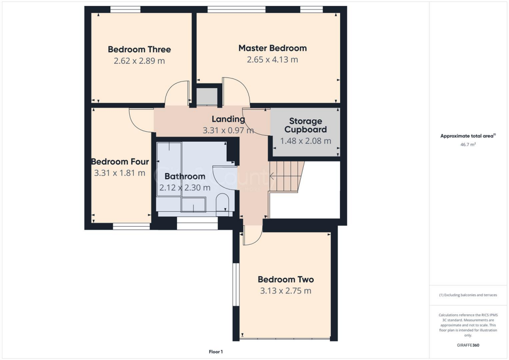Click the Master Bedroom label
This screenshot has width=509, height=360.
(x=272, y=48)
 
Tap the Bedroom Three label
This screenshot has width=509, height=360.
(x=139, y=49)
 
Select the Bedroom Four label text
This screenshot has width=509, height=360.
(x=120, y=162)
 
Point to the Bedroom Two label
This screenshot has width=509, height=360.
(x=285, y=279)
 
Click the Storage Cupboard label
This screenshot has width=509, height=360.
(x=306, y=125)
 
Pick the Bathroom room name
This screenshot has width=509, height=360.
(x=184, y=177)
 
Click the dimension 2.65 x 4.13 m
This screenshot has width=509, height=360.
(x=272, y=60)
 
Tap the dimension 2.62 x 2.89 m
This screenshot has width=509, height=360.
(x=139, y=61)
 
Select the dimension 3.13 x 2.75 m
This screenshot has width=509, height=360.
(x=285, y=291)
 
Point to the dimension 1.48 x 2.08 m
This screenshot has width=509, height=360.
(x=306, y=141)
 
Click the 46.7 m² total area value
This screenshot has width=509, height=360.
(x=468, y=144)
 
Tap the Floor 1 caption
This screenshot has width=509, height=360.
(x=216, y=352)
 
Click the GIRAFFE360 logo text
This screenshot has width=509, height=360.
(x=468, y=345)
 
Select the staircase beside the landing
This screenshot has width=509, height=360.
(x=287, y=176)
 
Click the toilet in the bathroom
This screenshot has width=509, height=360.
(x=223, y=204)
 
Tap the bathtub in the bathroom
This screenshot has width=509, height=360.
(x=169, y=169)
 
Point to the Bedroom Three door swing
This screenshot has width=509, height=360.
(x=176, y=94)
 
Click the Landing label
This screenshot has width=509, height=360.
(x=228, y=119)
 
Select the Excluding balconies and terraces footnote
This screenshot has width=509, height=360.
(x=468, y=295)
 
